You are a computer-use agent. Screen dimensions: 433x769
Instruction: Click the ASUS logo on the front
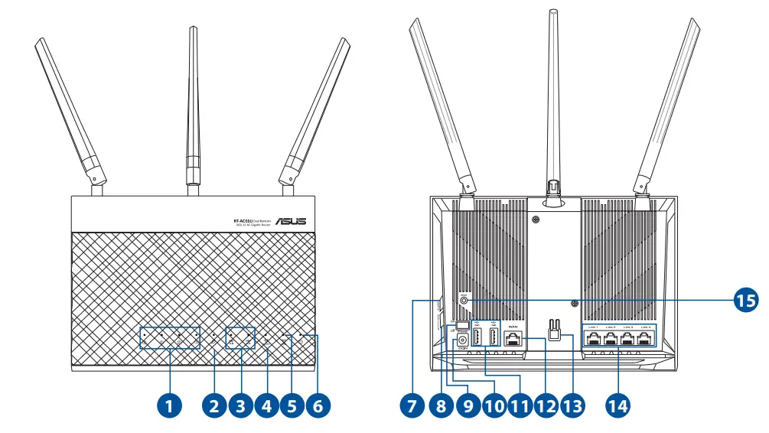[291, 222]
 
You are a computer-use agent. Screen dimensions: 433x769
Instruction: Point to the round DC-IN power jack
[461, 340]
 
